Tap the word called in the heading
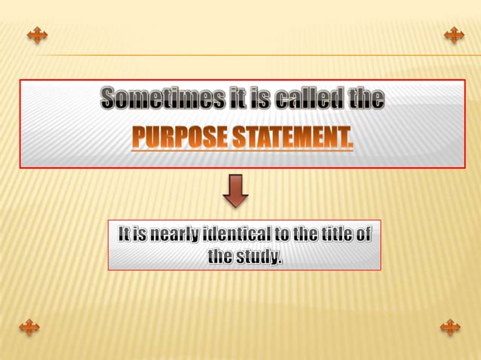tap(311, 98)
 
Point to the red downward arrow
tap(236, 191)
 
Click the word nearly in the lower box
tap(170, 236)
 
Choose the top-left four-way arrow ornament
tap(36, 35)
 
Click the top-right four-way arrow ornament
tap(454, 35)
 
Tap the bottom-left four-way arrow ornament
tap(29, 326)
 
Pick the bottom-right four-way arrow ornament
tap(449, 326)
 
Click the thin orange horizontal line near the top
tap(249, 54)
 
